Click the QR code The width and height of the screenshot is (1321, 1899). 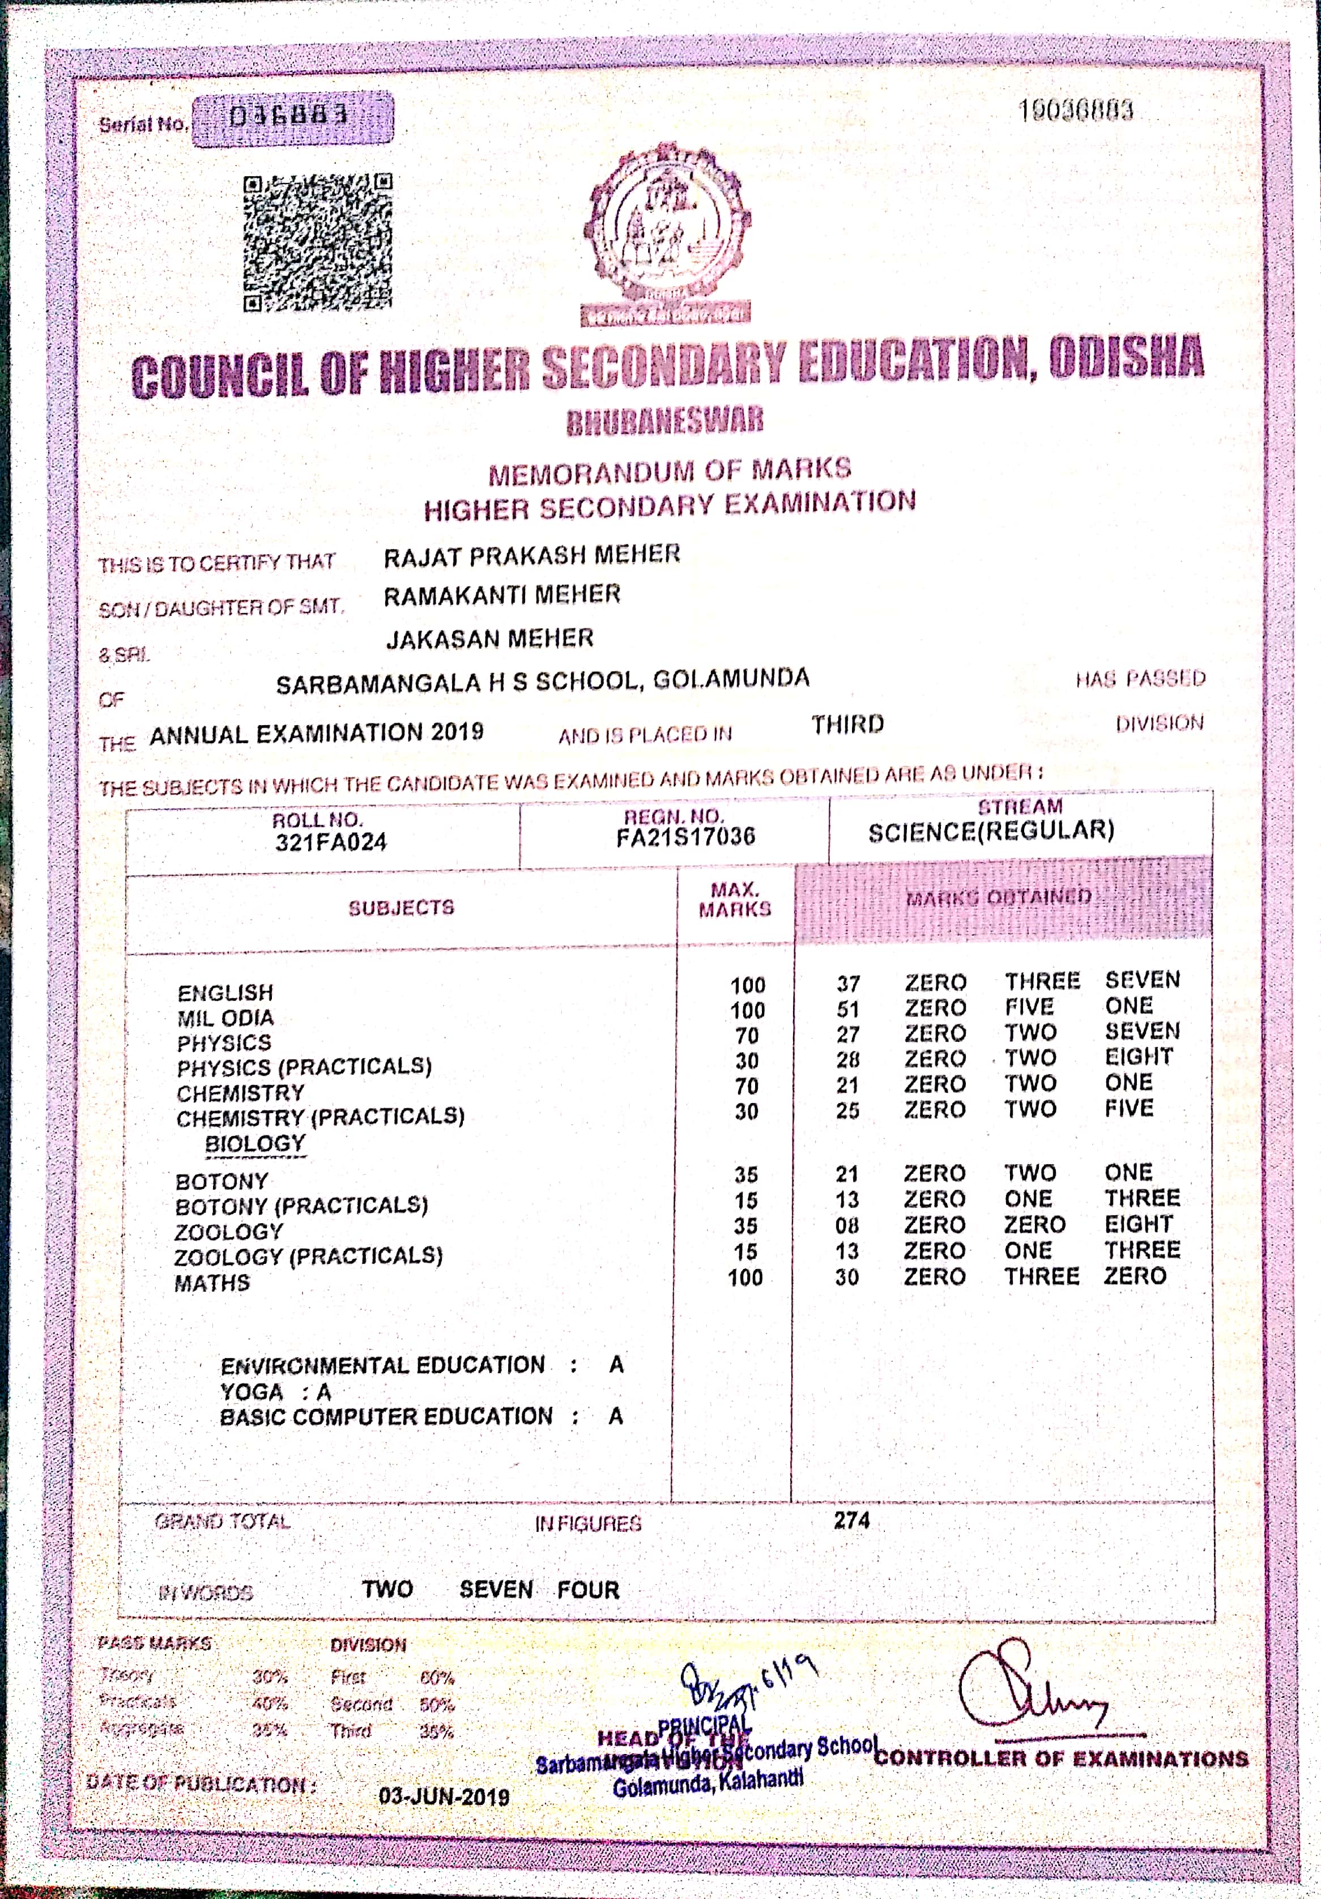pyautogui.click(x=318, y=243)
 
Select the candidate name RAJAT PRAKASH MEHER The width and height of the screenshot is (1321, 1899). pyautogui.click(x=532, y=555)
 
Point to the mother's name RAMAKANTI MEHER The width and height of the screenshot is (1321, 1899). pyautogui.click(x=502, y=595)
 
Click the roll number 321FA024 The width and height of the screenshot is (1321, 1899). pyautogui.click(x=331, y=842)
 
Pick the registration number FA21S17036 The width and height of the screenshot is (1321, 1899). pyautogui.click(x=686, y=837)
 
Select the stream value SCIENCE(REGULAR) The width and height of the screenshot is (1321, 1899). pyautogui.click(x=991, y=831)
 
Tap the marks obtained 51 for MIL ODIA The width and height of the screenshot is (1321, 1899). pyautogui.click(x=848, y=1009)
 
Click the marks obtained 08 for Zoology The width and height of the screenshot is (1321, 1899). pyautogui.click(x=847, y=1225)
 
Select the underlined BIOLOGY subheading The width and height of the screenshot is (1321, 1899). pyautogui.click(x=255, y=1144)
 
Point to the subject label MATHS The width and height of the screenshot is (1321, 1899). pyautogui.click(x=212, y=1283)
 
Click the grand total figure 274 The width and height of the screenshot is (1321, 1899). pyautogui.click(x=851, y=1520)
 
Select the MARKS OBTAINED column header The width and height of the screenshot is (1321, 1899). pyautogui.click(x=999, y=897)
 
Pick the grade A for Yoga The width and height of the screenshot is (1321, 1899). pyautogui.click(x=323, y=1392)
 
